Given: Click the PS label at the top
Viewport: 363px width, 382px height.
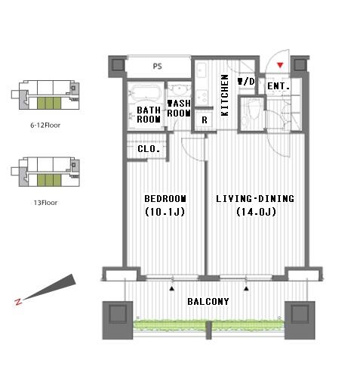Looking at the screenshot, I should [157, 67].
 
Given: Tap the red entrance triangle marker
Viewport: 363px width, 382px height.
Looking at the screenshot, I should [281, 67].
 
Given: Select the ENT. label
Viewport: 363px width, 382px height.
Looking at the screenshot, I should [278, 86].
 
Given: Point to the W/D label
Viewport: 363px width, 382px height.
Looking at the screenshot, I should [246, 81].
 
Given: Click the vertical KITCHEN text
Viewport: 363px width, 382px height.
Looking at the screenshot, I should [225, 95].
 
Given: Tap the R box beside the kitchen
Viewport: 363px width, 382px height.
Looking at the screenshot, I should [204, 120].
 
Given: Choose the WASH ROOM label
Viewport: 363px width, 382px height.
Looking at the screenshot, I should [179, 108].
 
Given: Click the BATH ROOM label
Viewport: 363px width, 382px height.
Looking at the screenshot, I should [149, 114].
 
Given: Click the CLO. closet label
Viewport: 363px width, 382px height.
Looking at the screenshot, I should [148, 150].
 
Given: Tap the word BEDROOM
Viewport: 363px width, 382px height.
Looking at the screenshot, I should [165, 199].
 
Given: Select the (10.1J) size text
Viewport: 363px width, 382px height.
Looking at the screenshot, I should [165, 213].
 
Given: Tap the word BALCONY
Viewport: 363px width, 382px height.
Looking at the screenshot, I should [208, 301].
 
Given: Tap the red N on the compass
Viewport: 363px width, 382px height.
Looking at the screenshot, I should [18, 303].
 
